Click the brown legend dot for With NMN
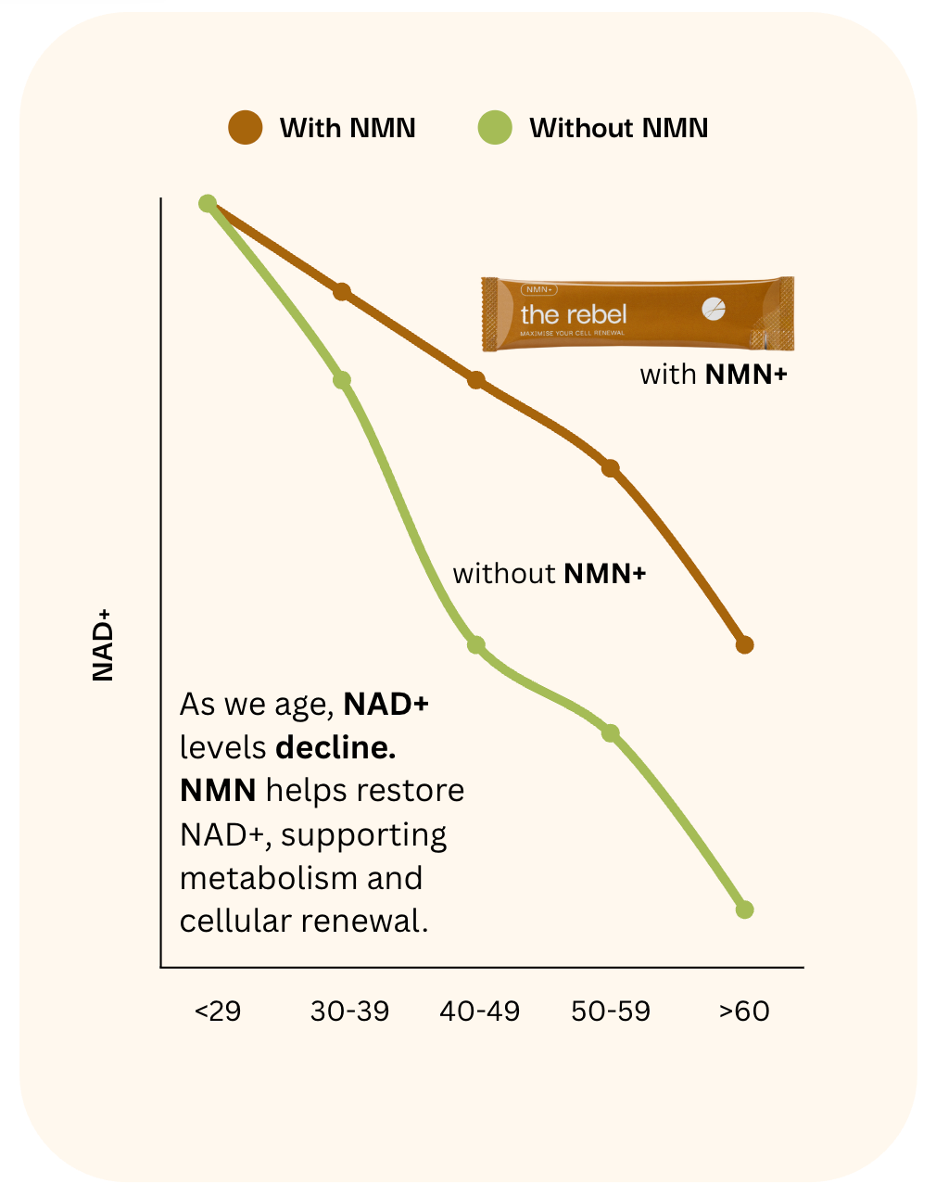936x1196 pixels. [246, 127]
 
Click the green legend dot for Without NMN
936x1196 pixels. [495, 127]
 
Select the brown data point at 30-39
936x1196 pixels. [342, 292]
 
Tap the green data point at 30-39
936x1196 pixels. [342, 380]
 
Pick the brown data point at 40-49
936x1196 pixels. [476, 380]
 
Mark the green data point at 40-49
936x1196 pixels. [476, 644]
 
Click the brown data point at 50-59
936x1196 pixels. [610, 468]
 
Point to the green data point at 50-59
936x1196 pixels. [610, 733]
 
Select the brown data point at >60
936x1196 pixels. [744, 644]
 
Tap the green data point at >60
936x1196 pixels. [744, 910]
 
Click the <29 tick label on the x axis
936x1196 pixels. [218, 1011]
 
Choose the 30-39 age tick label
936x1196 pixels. [349, 1011]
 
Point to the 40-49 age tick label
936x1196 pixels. [480, 1011]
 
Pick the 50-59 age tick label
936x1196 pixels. [611, 1011]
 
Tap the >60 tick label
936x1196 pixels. [744, 1011]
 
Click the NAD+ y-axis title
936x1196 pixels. [103, 645]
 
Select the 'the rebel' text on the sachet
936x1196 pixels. [574, 314]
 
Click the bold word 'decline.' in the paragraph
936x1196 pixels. [335, 747]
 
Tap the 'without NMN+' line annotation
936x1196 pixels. [549, 574]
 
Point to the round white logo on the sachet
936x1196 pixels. [714, 310]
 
